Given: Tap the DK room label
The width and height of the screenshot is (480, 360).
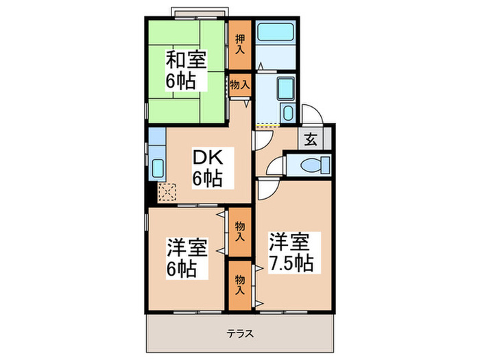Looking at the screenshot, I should coord(206,156).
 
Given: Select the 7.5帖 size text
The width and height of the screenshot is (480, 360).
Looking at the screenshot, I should coord(291,263).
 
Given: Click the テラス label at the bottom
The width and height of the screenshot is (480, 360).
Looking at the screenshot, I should coord(240,334).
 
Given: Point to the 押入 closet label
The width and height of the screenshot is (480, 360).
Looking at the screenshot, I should coord(239,44).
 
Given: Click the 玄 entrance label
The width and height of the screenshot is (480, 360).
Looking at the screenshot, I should coord(310,140).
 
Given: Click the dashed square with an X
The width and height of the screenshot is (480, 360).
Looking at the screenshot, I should coord(167,191).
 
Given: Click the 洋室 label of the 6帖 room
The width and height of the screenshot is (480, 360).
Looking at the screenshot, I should coord(185,245).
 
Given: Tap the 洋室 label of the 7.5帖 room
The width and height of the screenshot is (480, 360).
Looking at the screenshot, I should coord(291,241).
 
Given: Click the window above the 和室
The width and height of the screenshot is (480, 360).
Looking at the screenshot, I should coord(199,12).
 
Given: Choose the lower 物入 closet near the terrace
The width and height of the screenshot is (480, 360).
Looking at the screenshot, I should coord(239,284).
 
